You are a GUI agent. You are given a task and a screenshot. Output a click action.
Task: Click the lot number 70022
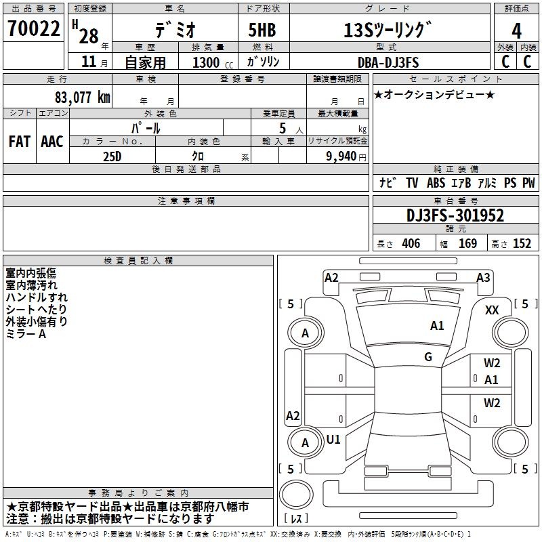pos(33,28)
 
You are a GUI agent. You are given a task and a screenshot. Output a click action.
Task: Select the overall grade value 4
pos(516,31)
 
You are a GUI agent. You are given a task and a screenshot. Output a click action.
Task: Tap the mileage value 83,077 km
pos(82,97)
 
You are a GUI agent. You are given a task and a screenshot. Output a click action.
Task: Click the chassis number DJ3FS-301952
pos(455,215)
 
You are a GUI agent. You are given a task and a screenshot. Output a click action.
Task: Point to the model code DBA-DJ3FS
pos(388,62)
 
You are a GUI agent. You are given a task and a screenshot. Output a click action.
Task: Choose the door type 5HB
pos(262,30)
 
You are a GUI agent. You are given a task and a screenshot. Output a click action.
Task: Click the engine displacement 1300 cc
pos(213,62)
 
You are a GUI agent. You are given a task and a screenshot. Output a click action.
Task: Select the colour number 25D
pos(112,157)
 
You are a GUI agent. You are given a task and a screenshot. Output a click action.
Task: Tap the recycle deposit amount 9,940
pos(341,157)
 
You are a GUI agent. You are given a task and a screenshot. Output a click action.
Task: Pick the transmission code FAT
pos(20,142)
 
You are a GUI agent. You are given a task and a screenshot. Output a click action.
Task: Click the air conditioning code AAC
pos(52,142)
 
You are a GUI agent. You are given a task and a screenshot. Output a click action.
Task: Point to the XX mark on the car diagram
pos(492,310)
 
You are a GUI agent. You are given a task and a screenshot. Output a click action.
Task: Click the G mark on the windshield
pos(428,356)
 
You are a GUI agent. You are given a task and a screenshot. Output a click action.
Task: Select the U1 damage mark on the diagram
pos(333,439)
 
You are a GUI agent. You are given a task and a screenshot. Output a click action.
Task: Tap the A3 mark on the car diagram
pos(483,278)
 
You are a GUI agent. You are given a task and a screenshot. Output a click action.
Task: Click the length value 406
pos(411,243)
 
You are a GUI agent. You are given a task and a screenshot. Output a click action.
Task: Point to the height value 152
pos(522,243)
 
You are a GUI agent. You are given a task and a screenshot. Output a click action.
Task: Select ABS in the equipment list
pos(436,182)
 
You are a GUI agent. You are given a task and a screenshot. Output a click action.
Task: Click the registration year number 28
pos(89,36)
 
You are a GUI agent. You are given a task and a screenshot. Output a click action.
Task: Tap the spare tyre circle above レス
pos(296,494)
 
